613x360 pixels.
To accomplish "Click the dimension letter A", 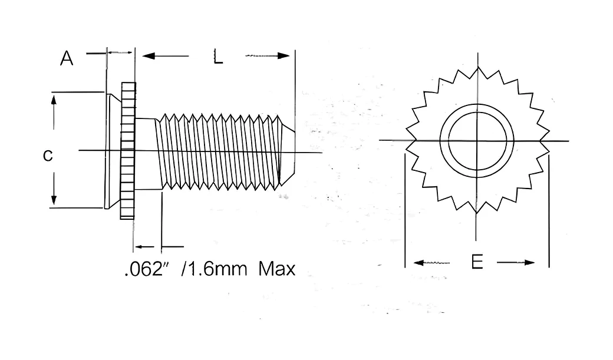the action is [67, 58].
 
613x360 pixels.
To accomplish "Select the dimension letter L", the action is [218, 57].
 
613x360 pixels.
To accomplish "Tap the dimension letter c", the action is [48, 156].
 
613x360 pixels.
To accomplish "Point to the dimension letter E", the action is [477, 262].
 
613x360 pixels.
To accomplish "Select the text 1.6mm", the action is [214, 269].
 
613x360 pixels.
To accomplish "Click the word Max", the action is [277, 269].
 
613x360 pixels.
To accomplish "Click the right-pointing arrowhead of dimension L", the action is [284, 56].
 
